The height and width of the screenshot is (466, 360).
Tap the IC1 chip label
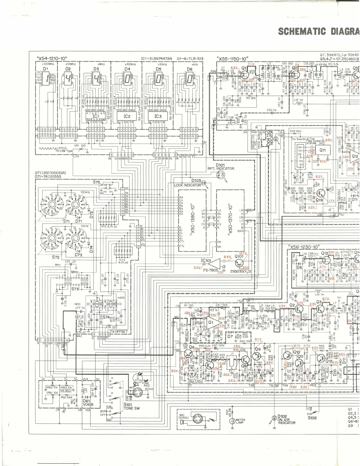(x=96, y=116)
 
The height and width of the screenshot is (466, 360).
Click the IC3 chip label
(x=158, y=116)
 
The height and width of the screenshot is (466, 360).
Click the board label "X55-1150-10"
(x=232, y=59)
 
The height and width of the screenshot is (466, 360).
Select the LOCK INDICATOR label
(x=187, y=185)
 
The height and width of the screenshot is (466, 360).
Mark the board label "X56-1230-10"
(x=304, y=247)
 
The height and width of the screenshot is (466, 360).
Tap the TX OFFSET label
(x=119, y=332)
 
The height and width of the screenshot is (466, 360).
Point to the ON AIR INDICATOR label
(x=286, y=421)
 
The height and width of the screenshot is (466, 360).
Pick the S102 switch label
(x=312, y=417)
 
